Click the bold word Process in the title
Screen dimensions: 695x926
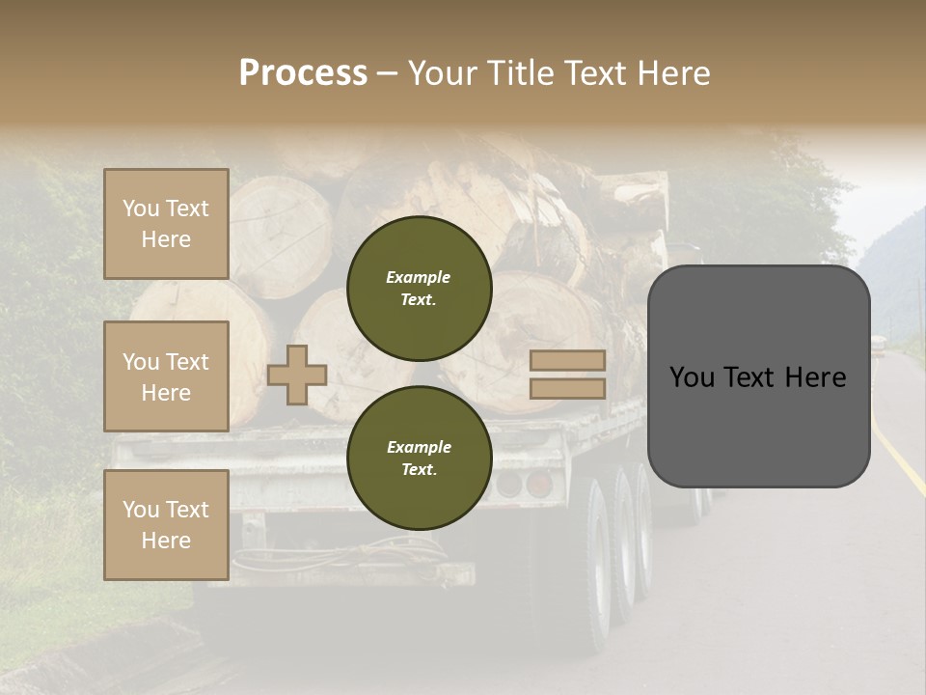click(x=303, y=73)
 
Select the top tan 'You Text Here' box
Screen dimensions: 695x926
click(x=166, y=224)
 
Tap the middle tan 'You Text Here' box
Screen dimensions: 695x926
click(x=166, y=376)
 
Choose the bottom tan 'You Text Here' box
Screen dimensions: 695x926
click(x=166, y=525)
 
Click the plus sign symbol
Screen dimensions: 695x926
click(x=297, y=375)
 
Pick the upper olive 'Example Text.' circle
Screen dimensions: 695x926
click(x=419, y=289)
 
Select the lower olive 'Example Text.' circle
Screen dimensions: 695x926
click(x=419, y=459)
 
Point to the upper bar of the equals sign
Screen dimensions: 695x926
click(x=567, y=360)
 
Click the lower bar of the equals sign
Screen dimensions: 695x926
click(x=567, y=388)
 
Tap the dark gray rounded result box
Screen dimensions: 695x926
click(x=758, y=376)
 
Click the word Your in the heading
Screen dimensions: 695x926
click(x=443, y=73)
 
